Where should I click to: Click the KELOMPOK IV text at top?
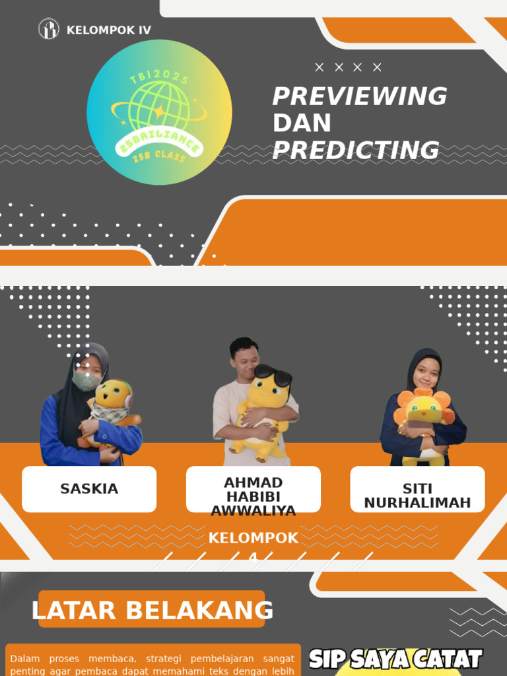108,30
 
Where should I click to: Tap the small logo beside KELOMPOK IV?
49,29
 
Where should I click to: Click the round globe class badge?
159,112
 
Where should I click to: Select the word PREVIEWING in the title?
360,96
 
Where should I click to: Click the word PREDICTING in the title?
356,151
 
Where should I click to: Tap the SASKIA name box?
89,489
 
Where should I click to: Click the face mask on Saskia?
86,380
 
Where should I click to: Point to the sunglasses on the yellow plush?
273,376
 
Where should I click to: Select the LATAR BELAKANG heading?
152,611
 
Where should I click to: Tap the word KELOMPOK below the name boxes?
253,538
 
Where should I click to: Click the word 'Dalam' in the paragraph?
25,659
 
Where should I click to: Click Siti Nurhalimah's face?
426,374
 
